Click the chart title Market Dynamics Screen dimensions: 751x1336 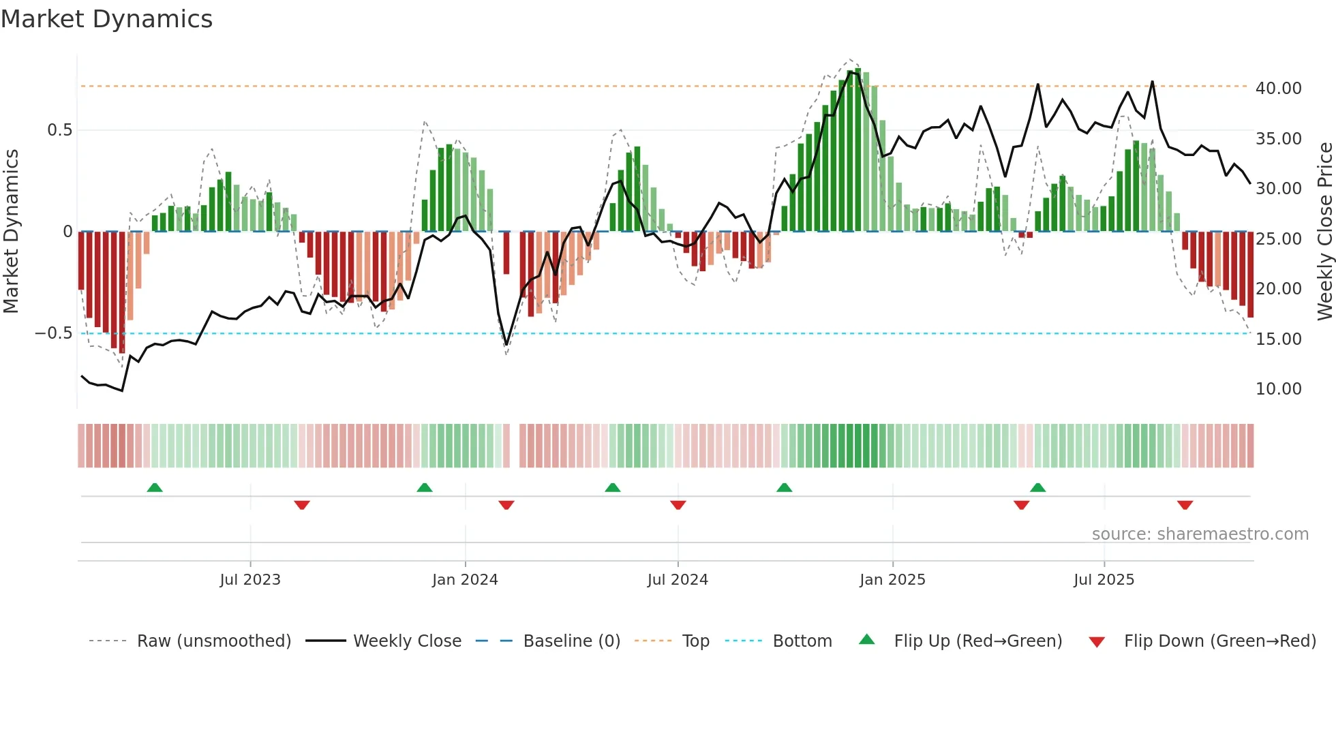[x=106, y=19]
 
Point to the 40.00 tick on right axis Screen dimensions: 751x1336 [x=1278, y=89]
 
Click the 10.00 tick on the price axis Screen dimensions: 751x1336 [x=1278, y=389]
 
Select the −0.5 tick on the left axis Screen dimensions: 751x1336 [x=53, y=333]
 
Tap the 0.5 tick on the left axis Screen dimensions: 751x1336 [x=59, y=130]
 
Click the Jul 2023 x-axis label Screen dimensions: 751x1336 [x=250, y=580]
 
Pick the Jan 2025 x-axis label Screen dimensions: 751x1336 [x=892, y=580]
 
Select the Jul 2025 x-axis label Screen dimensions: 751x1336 [x=1104, y=580]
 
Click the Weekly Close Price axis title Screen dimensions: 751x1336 [x=1324, y=232]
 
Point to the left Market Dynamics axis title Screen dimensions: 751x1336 [x=11, y=232]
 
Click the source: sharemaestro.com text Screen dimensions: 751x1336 [x=1200, y=534]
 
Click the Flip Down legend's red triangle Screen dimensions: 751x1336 [x=1097, y=642]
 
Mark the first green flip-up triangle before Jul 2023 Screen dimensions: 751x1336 [x=155, y=487]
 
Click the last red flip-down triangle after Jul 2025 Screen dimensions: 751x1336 [x=1185, y=505]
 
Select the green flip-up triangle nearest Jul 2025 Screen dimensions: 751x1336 [x=1037, y=487]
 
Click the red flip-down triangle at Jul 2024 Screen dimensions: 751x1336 [x=678, y=505]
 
